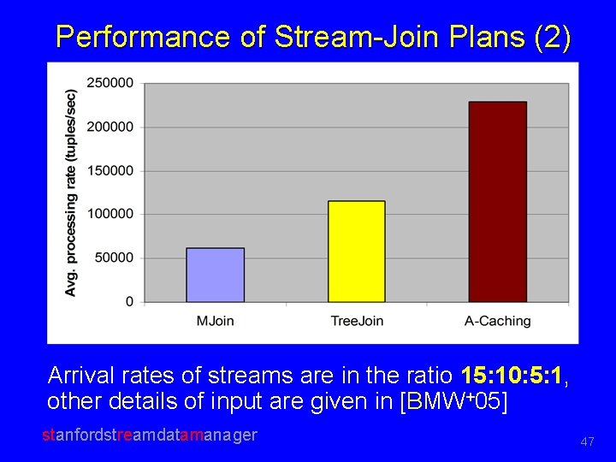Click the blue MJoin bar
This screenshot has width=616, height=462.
(216, 275)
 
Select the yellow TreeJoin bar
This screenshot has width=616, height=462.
(357, 252)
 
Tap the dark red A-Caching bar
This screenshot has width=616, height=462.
(498, 202)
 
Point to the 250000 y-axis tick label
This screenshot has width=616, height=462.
(110, 83)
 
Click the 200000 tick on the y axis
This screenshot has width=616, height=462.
(110, 127)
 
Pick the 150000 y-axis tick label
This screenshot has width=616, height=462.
(110, 170)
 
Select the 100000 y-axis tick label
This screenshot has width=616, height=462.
(110, 214)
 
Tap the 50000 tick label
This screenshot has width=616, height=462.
(114, 258)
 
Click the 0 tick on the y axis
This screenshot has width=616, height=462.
(129, 301)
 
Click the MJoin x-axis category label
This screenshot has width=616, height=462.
(216, 321)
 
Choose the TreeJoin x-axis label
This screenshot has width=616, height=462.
(357, 321)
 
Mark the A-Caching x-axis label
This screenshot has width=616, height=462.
(498, 321)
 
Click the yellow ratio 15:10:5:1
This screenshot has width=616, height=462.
(512, 376)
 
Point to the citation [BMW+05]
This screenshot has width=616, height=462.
(453, 401)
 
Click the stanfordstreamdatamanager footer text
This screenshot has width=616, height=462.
(150, 435)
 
